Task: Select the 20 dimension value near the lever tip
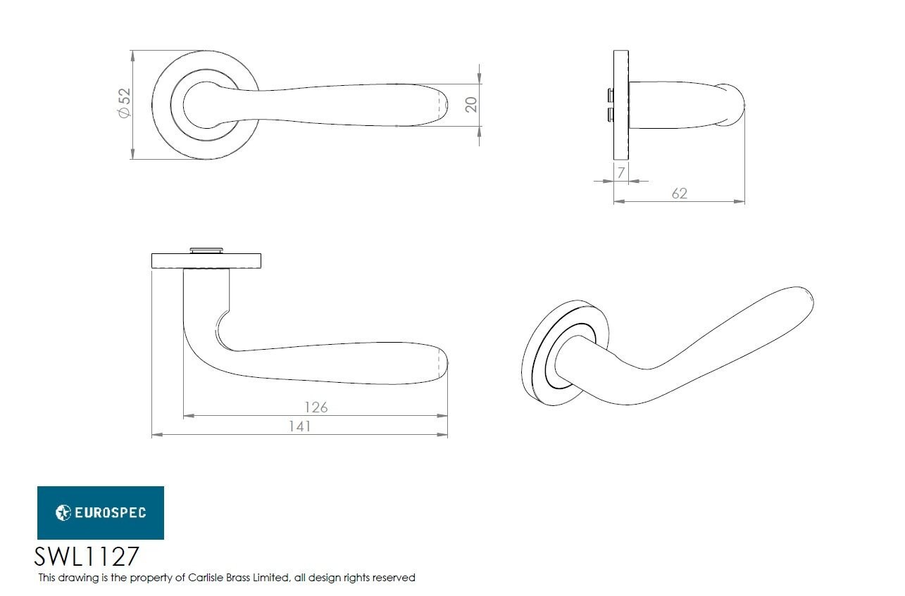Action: pyautogui.click(x=471, y=104)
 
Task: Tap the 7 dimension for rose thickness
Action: pyautogui.click(x=620, y=172)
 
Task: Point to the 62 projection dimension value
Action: pyautogui.click(x=679, y=193)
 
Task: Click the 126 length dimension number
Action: pyautogui.click(x=316, y=407)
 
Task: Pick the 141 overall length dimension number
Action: pyautogui.click(x=299, y=426)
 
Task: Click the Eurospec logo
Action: pyautogui.click(x=100, y=512)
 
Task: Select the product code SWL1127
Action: pyautogui.click(x=87, y=557)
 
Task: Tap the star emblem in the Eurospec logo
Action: pyautogui.click(x=63, y=512)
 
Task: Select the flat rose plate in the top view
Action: pyautogui.click(x=207, y=261)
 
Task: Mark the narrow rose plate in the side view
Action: pyautogui.click(x=620, y=104)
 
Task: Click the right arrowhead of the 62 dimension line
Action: pyautogui.click(x=740, y=201)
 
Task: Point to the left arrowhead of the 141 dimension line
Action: pyautogui.click(x=156, y=435)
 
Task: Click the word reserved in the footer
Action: pyautogui.click(x=394, y=578)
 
